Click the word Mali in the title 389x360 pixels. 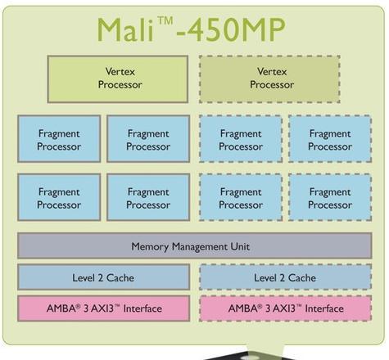[124, 29]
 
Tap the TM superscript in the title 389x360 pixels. [165, 21]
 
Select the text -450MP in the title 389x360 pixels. [231, 29]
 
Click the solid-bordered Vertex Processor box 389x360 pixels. [118, 79]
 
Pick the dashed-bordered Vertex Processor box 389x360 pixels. [269, 79]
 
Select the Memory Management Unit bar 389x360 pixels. [195, 245]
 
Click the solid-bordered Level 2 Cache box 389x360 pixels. [103, 277]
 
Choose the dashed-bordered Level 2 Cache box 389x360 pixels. [286, 277]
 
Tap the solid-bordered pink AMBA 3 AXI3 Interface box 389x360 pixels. [103, 308]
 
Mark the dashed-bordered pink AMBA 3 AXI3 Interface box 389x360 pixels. [286, 308]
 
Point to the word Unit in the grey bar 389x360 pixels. [240, 246]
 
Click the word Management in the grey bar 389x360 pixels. [200, 247]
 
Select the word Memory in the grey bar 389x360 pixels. [150, 247]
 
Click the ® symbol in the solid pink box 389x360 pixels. [79, 306]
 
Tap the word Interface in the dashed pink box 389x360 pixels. [324, 308]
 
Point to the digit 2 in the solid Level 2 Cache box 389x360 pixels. [100, 278]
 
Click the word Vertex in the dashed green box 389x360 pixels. [272, 71]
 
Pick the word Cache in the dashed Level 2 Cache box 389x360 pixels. [302, 278]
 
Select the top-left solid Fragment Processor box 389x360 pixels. [59, 139]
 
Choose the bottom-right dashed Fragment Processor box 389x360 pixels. [330, 197]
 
